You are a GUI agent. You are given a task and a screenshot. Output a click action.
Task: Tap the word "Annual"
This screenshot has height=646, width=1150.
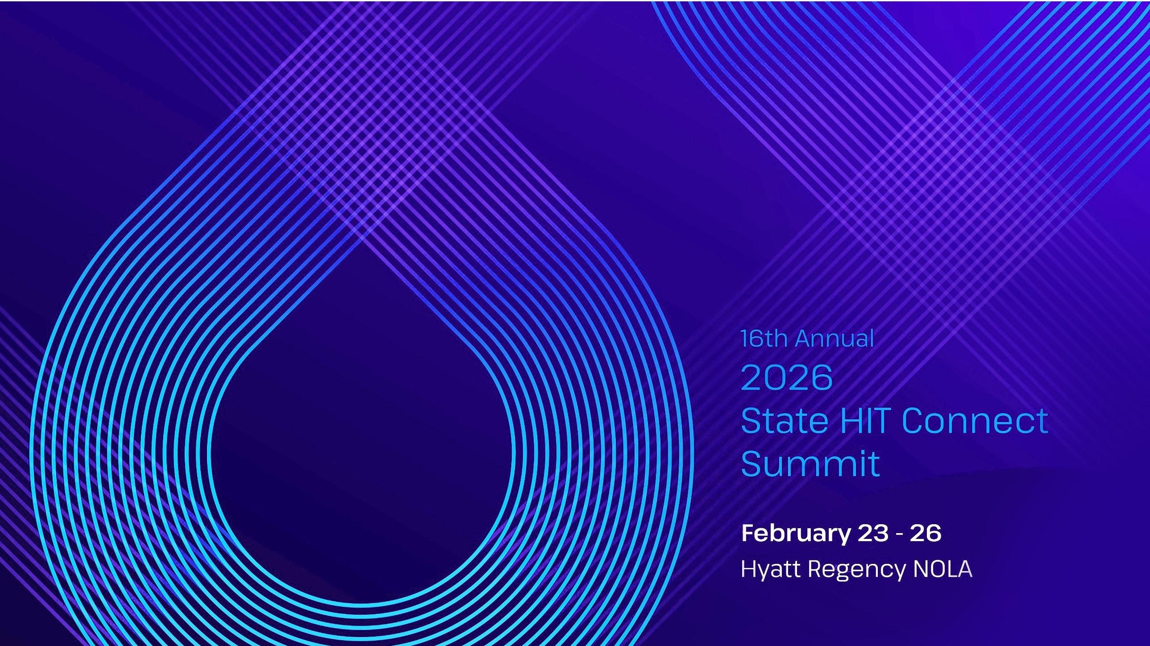[834, 339]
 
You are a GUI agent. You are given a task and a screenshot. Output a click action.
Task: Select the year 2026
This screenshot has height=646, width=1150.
[787, 378]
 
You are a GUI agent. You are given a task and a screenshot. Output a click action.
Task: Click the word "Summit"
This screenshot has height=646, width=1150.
[810, 464]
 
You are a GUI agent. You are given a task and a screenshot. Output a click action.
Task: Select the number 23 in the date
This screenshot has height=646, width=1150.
[873, 533]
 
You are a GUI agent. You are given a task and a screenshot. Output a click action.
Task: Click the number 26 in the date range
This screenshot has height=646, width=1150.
[926, 533]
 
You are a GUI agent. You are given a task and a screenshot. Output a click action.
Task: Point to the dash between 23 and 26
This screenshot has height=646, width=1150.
[899, 534]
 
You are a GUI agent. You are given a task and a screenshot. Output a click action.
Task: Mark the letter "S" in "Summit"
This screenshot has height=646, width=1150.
[751, 464]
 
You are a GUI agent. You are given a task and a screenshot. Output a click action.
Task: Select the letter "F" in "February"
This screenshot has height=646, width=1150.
[748, 533]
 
